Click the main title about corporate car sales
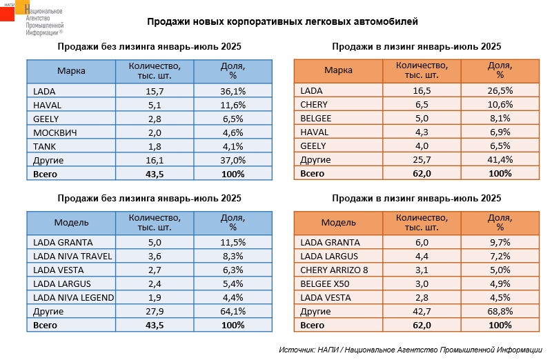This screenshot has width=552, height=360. [282, 22]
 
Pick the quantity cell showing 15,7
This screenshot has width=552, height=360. [155, 91]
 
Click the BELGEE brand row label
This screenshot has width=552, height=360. [316, 119]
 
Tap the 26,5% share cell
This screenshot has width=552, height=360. [500, 91]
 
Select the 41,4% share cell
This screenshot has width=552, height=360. [500, 160]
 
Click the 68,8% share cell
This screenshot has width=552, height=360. [500, 312]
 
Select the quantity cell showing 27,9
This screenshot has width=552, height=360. [155, 312]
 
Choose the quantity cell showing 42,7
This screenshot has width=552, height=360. [422, 312]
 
